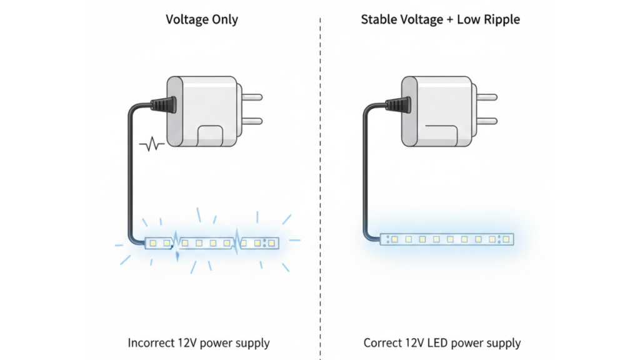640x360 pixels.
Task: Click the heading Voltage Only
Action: point(201,19)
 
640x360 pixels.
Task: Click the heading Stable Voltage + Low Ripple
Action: point(440,19)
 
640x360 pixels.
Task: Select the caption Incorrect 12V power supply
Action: point(199,342)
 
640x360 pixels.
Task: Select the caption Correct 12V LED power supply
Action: point(442,342)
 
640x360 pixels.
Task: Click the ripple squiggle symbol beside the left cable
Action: point(152,146)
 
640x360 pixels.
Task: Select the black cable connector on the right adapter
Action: point(398,104)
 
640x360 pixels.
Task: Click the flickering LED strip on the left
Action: point(212,242)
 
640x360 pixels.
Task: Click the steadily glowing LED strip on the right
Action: point(446,239)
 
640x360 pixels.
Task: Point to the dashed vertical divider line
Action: point(320,187)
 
